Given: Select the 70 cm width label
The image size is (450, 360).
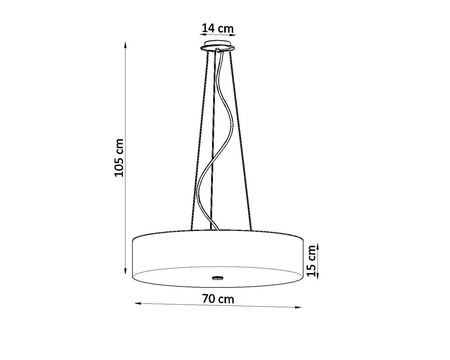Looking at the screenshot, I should (x=217, y=299).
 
